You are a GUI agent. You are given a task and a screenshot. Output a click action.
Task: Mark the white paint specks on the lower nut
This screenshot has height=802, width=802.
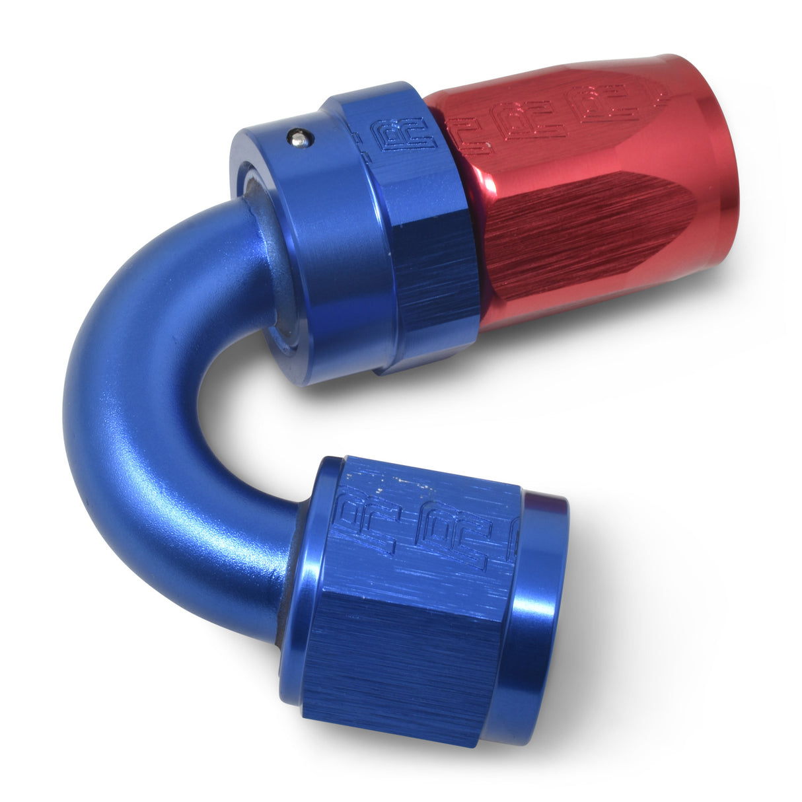396,486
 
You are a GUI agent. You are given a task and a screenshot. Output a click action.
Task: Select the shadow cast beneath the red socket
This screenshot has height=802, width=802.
595,370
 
